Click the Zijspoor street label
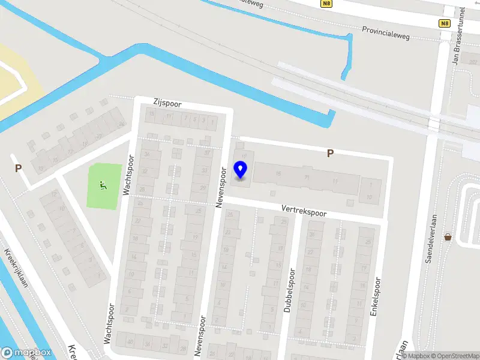[x=167, y=104]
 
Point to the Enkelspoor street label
[x=376, y=296]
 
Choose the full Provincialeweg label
[x=386, y=32]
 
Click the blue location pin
[x=241, y=170]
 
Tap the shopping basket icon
[x=448, y=237]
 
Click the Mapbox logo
[x=26, y=352]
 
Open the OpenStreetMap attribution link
[x=453, y=356]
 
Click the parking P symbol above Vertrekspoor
[x=329, y=154]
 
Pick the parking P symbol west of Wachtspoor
[x=19, y=169]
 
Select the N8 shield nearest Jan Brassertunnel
[x=444, y=23]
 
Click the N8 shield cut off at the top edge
[x=326, y=3]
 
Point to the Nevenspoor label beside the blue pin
[x=220, y=187]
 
